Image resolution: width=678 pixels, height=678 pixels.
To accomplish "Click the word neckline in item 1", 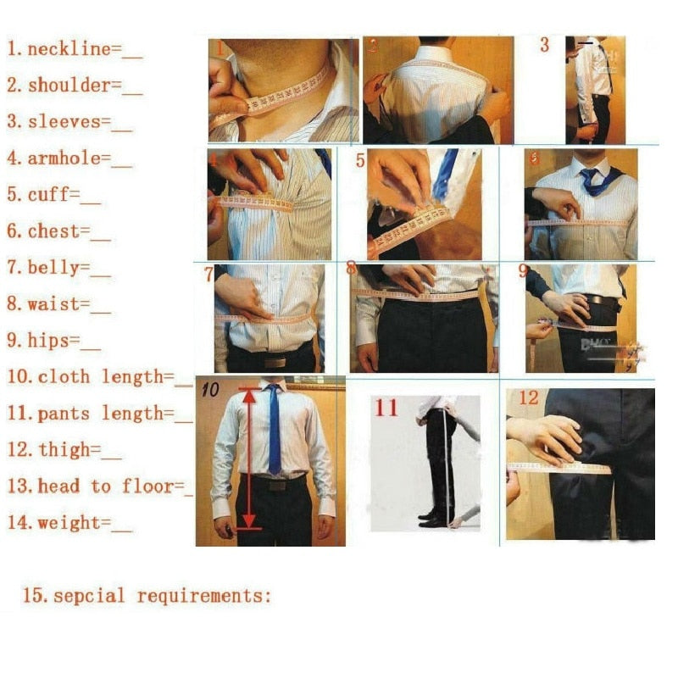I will (69, 49).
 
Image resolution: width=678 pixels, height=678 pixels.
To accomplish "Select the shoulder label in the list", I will (69, 86).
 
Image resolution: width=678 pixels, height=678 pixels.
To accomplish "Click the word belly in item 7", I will (58, 268).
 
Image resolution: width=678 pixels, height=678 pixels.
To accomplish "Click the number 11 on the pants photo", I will (386, 408).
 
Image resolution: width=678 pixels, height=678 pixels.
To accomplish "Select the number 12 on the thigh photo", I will (528, 397).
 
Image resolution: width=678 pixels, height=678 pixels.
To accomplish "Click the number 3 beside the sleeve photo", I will (545, 45).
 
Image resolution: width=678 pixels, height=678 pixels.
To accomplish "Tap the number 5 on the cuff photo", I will (360, 160).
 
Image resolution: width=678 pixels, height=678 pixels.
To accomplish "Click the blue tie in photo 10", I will (274, 428).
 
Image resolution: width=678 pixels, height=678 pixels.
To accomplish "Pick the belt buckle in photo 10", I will (275, 485).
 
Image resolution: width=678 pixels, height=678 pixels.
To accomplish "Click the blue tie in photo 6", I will (591, 181).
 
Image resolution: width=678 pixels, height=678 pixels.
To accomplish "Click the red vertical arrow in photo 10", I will (248, 458).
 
